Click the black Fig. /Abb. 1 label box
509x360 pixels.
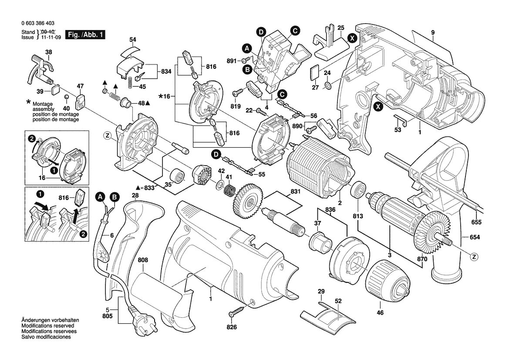(x=85, y=34)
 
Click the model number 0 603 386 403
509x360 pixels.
(x=38, y=24)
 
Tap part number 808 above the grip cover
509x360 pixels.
(x=143, y=260)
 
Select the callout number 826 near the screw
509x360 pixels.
(x=232, y=327)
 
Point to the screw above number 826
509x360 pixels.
(x=236, y=311)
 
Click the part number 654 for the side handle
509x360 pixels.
(x=475, y=237)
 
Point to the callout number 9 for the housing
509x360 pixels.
(x=433, y=33)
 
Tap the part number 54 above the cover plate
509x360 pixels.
(x=132, y=40)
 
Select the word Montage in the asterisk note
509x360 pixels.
(x=43, y=104)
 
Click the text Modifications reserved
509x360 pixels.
(x=48, y=326)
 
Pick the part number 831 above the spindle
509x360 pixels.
(x=295, y=192)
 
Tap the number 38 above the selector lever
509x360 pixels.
(x=48, y=52)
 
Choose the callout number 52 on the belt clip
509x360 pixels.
(x=338, y=301)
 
